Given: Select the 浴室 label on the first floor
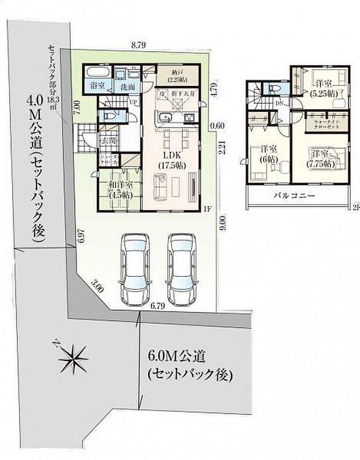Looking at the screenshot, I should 96,86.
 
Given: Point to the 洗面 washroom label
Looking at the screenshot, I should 127,86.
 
